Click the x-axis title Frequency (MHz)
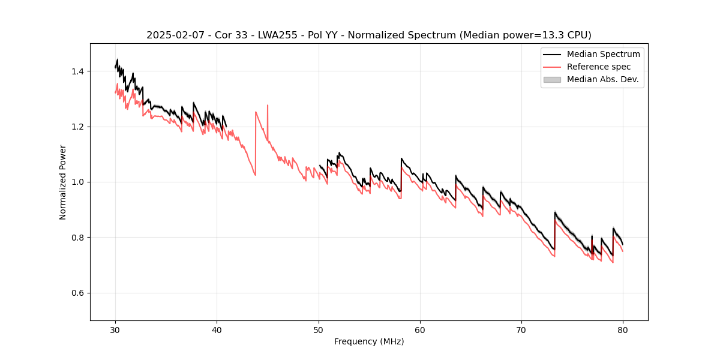pos(369,341)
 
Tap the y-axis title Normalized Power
pos(63,182)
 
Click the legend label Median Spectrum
pos(604,54)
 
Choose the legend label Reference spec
pos(599,67)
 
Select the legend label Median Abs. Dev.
pos(603,79)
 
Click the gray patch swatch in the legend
pos(552,79)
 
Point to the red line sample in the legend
pos(552,67)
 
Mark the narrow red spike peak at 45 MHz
pos(268,106)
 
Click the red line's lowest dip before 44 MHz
pos(255,175)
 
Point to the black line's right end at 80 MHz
pos(623,244)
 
